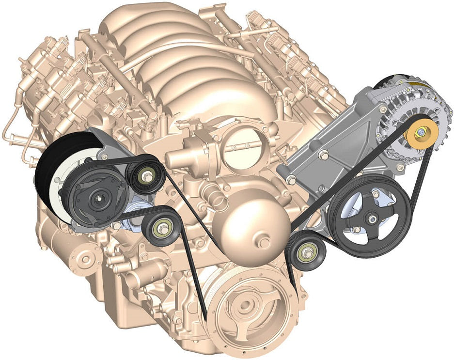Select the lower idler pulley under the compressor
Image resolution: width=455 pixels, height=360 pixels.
[160, 226]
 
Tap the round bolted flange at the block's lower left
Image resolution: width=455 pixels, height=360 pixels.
[85, 260]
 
